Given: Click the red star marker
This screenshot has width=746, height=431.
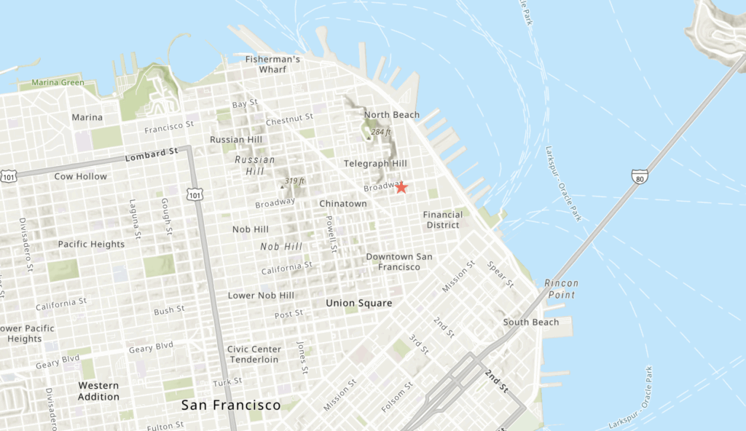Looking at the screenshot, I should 401,187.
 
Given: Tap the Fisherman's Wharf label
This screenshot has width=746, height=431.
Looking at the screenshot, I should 272,64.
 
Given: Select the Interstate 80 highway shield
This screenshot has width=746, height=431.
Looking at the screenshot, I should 640,176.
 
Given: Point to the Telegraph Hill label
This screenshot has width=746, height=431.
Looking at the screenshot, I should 375,163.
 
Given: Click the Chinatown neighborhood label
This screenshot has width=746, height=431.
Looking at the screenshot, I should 342,204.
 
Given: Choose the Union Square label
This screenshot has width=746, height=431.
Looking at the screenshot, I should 358,303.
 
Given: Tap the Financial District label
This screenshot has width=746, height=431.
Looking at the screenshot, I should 442,220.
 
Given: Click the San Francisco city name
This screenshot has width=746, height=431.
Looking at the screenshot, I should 231,405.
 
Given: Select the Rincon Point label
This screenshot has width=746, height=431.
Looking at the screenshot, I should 561,289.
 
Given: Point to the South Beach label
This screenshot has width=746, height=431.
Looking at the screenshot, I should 531,322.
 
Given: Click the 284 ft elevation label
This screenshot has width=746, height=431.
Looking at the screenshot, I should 380,132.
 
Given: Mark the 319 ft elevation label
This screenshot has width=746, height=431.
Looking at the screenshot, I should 294,181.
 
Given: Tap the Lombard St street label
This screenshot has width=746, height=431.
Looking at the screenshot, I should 152,154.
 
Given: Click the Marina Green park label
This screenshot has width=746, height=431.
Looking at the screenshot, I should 58,83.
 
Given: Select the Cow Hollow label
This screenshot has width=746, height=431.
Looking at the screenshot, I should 80,176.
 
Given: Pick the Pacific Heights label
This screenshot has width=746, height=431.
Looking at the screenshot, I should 91,244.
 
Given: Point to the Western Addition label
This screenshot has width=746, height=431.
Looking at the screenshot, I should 98,391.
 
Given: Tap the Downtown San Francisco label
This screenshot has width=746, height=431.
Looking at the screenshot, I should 398,261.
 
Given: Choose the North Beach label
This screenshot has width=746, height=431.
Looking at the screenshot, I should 392,115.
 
